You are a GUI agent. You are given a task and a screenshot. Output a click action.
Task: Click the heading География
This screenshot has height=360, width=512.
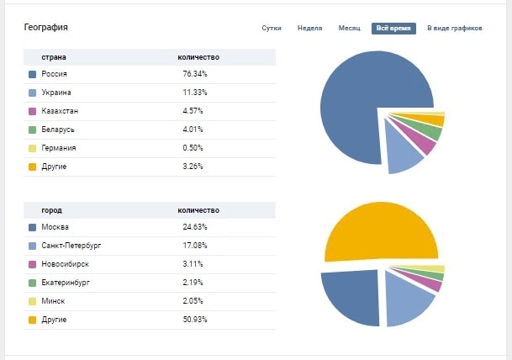(x=46, y=27)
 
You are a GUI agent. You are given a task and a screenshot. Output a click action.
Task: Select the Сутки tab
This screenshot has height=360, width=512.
(x=272, y=28)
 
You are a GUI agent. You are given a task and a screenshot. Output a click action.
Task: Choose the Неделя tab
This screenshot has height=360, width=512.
(x=309, y=28)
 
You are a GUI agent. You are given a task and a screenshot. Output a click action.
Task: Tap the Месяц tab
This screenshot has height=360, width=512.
(x=349, y=28)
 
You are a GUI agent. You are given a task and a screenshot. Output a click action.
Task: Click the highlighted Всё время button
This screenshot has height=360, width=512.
(x=393, y=28)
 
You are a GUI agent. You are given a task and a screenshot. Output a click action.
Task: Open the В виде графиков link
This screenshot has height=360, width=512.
(x=454, y=28)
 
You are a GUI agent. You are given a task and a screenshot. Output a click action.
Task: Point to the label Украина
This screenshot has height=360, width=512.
(x=56, y=93)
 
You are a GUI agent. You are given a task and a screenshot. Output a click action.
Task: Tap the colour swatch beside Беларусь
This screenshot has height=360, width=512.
(x=32, y=130)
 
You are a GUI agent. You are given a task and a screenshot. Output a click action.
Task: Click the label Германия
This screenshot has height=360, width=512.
(x=59, y=148)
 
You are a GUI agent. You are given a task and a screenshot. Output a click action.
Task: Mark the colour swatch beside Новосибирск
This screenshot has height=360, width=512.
(x=32, y=264)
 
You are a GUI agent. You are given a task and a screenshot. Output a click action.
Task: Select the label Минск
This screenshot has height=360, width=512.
(x=53, y=301)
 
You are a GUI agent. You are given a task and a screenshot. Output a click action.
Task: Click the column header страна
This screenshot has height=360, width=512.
(x=54, y=56)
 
